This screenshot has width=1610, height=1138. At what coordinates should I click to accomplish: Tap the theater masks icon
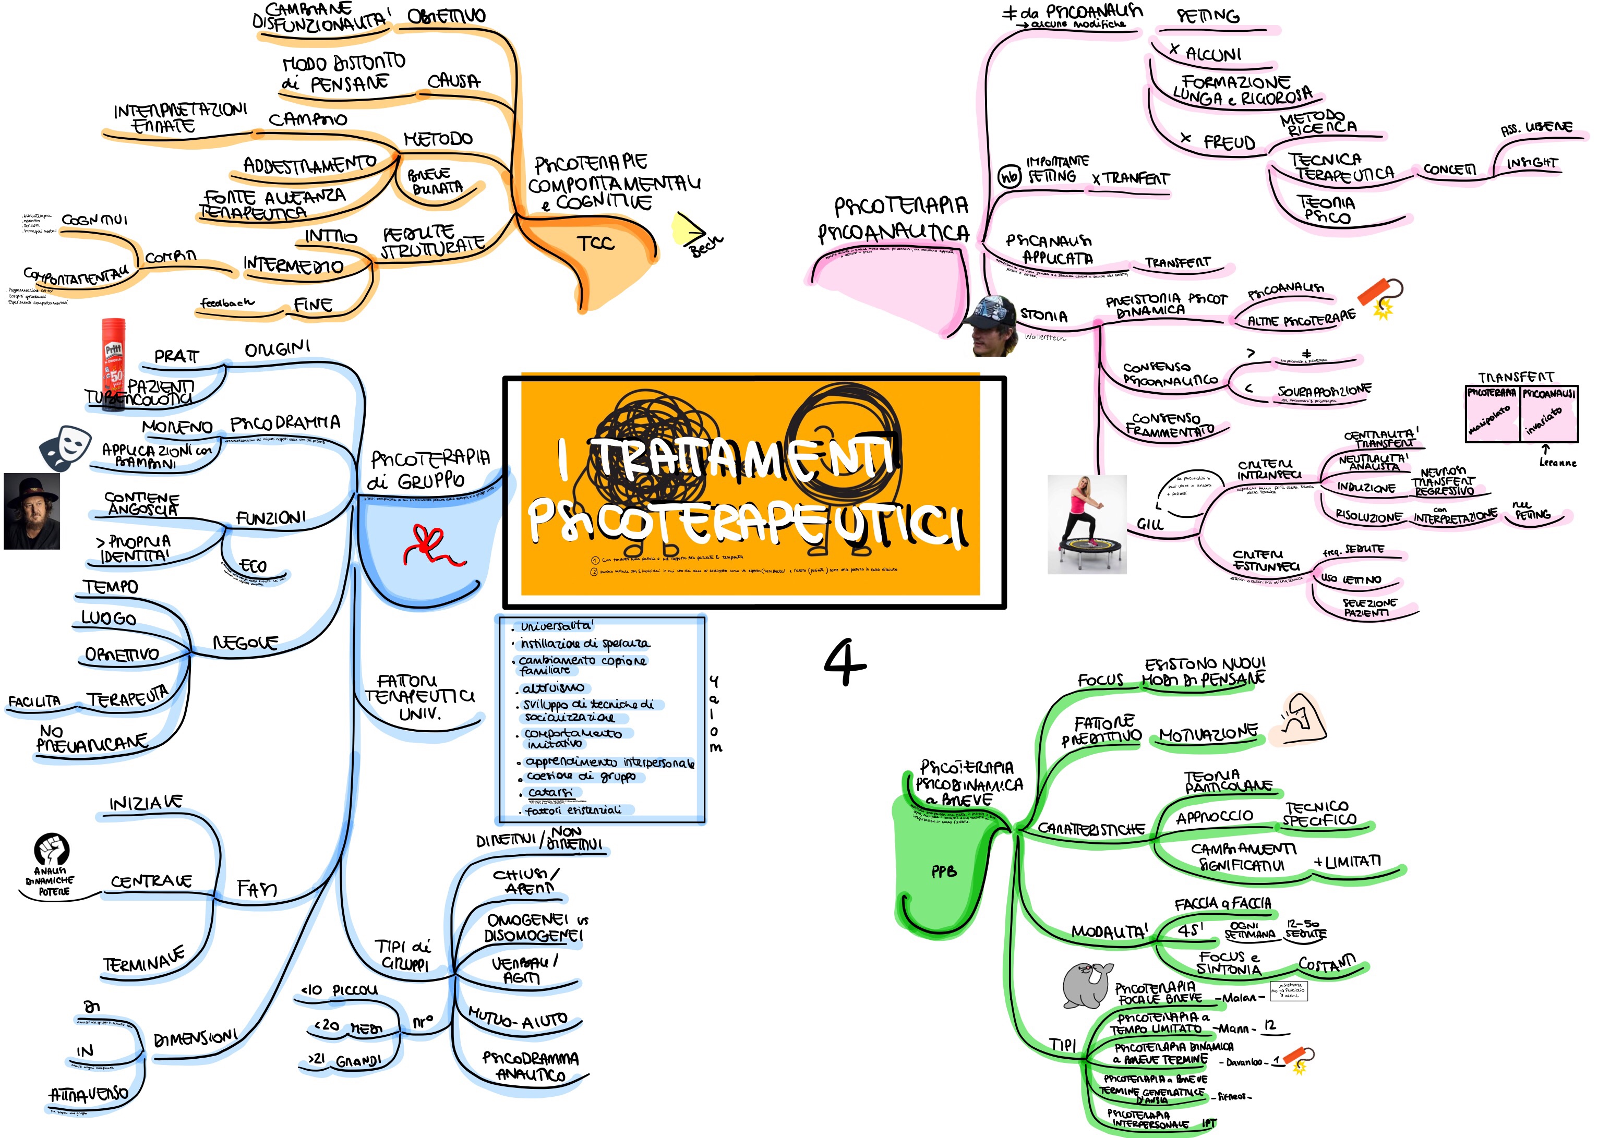click(x=65, y=446)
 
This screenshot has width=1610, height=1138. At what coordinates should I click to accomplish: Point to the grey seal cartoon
click(x=1086, y=985)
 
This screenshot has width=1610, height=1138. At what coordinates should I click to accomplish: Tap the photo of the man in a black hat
click(x=31, y=511)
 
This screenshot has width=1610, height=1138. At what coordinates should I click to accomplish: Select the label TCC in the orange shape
click(x=595, y=244)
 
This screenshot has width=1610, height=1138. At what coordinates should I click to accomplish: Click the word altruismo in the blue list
click(x=552, y=688)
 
